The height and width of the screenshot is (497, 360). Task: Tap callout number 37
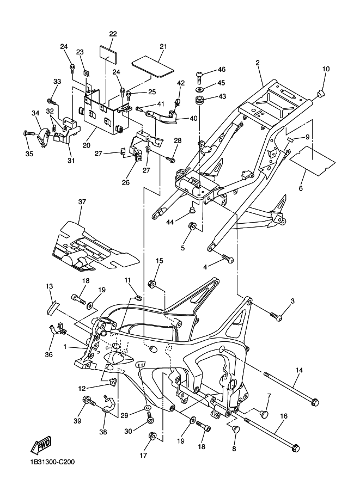pyautogui.click(x=82, y=202)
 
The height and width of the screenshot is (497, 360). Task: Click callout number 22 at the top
pyautogui.click(x=113, y=34)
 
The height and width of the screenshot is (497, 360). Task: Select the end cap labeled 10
pyautogui.click(x=321, y=94)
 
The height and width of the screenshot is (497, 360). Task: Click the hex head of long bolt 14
pyautogui.click(x=314, y=403)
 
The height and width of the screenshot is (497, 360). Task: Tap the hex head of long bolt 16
pyautogui.click(x=295, y=449)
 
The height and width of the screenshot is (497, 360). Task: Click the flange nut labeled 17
pyautogui.click(x=152, y=435)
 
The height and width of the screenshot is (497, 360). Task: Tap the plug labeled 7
pyautogui.click(x=265, y=414)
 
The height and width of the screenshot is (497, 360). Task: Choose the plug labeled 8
pyautogui.click(x=236, y=430)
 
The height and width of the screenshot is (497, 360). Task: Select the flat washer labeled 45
pyautogui.click(x=199, y=87)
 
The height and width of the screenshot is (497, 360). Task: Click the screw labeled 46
pyautogui.click(x=199, y=72)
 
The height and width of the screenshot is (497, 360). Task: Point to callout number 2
pyautogui.click(x=257, y=63)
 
